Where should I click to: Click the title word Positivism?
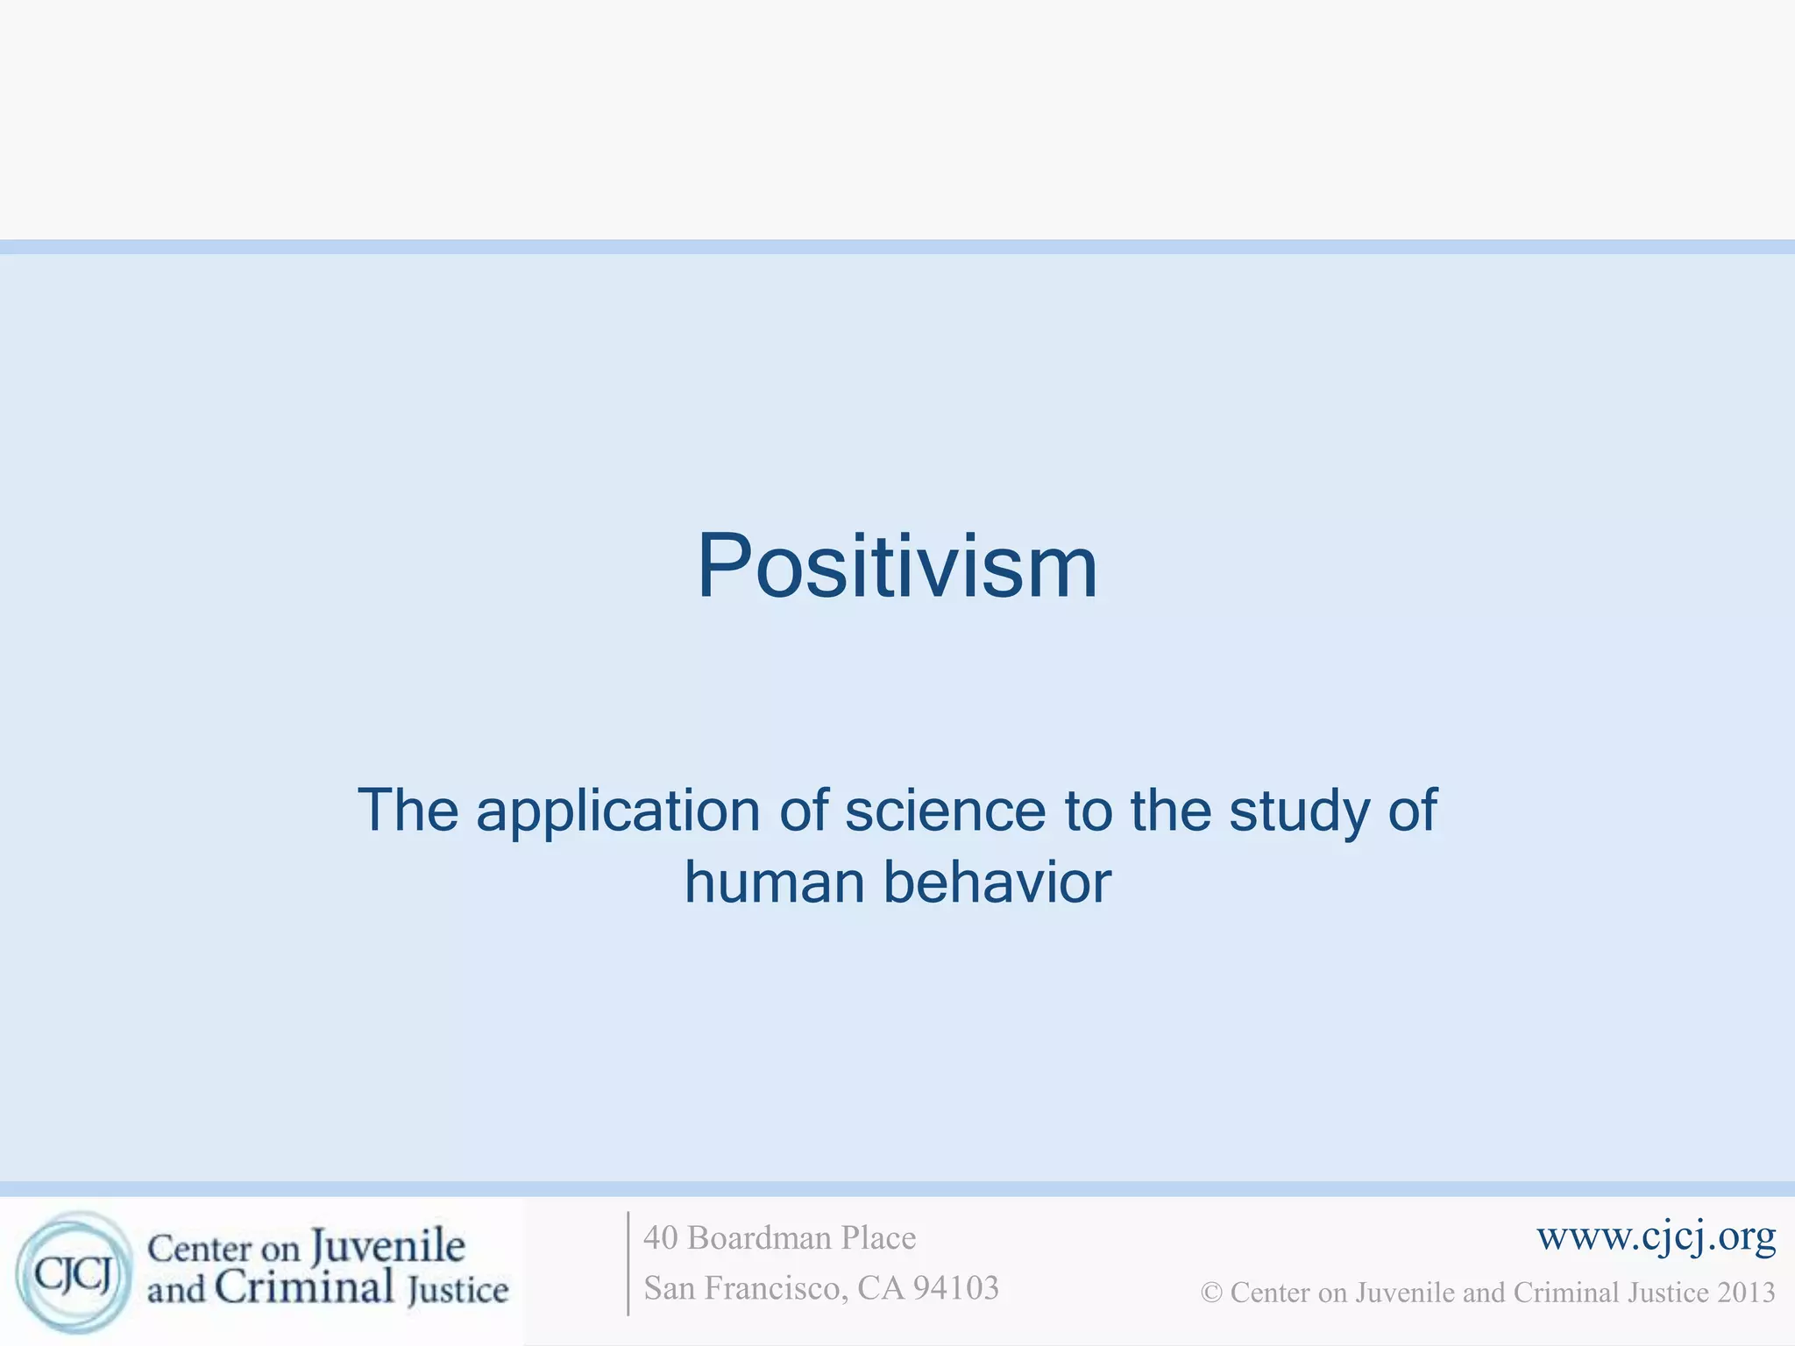tap(897, 567)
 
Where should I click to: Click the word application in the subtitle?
tap(619, 811)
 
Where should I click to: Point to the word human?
tap(774, 882)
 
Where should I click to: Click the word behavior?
tap(997, 882)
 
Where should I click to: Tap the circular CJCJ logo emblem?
tap(74, 1272)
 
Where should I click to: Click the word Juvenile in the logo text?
tap(387, 1246)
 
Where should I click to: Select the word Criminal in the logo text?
tap(304, 1288)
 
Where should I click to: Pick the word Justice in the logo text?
tap(458, 1290)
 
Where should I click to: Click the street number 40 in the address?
tap(660, 1238)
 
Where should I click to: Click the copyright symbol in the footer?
tap(1211, 1293)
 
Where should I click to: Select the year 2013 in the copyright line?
tap(1746, 1293)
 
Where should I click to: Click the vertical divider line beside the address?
tap(628, 1264)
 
